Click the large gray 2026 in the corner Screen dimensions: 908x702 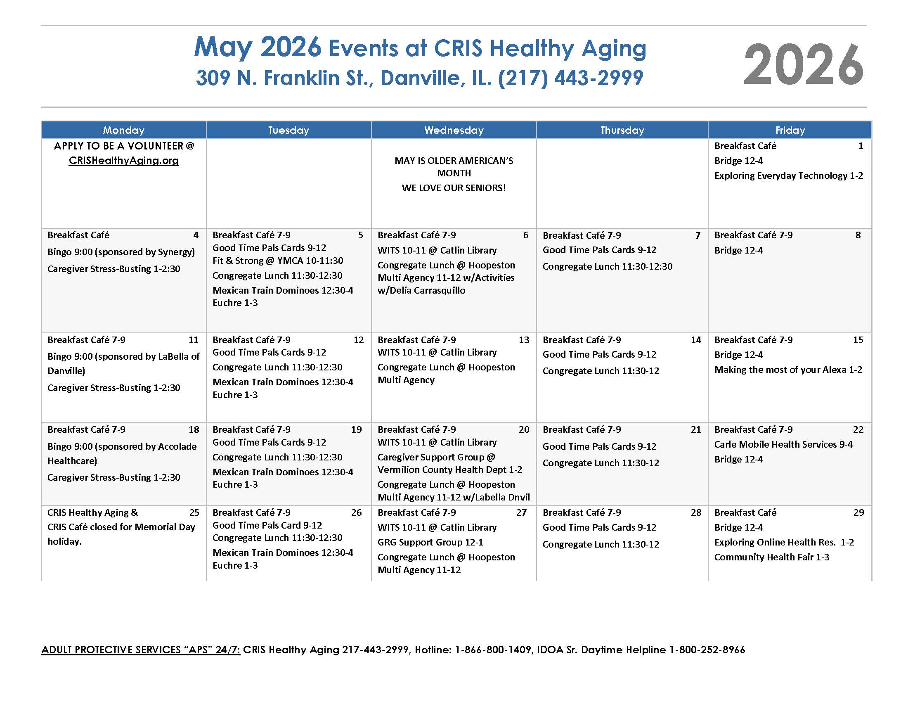[803, 65]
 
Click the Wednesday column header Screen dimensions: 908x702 [454, 130]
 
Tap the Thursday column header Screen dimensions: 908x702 [622, 130]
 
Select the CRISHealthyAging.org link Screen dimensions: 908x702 [124, 161]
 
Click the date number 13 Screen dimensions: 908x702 [524, 340]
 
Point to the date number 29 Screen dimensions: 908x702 [858, 512]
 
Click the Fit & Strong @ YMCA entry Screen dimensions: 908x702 [278, 261]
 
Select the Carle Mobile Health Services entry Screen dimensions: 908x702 [783, 444]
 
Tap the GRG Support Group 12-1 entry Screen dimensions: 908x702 [430, 542]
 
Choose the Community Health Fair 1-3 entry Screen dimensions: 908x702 [772, 557]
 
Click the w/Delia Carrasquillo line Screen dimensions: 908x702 [421, 290]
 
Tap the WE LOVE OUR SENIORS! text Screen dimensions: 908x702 [454, 188]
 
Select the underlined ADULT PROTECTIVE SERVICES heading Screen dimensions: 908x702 [140, 650]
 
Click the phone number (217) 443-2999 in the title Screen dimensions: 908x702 [570, 78]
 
